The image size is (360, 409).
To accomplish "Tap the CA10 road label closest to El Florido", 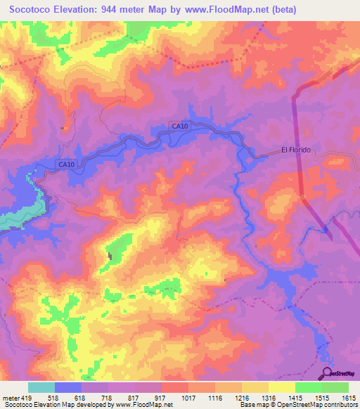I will (x=179, y=126).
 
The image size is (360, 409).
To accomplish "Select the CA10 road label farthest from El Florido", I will (x=66, y=164).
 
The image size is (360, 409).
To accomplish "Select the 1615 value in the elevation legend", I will (x=348, y=397).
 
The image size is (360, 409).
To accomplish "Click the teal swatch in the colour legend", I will (x=41, y=387).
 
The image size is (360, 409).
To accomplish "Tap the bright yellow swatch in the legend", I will (x=281, y=387).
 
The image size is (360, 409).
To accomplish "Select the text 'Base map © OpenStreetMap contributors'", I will (x=297, y=405).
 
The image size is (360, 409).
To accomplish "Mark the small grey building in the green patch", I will (x=109, y=254).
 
